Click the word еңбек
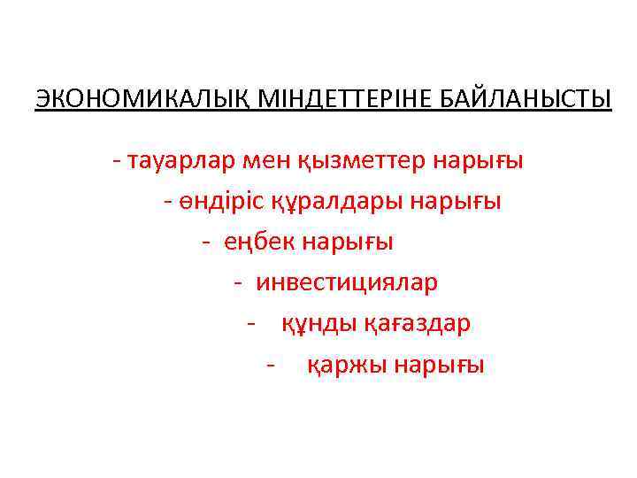tap(260, 242)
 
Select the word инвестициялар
tap(347, 282)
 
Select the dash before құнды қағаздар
tap(253, 324)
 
